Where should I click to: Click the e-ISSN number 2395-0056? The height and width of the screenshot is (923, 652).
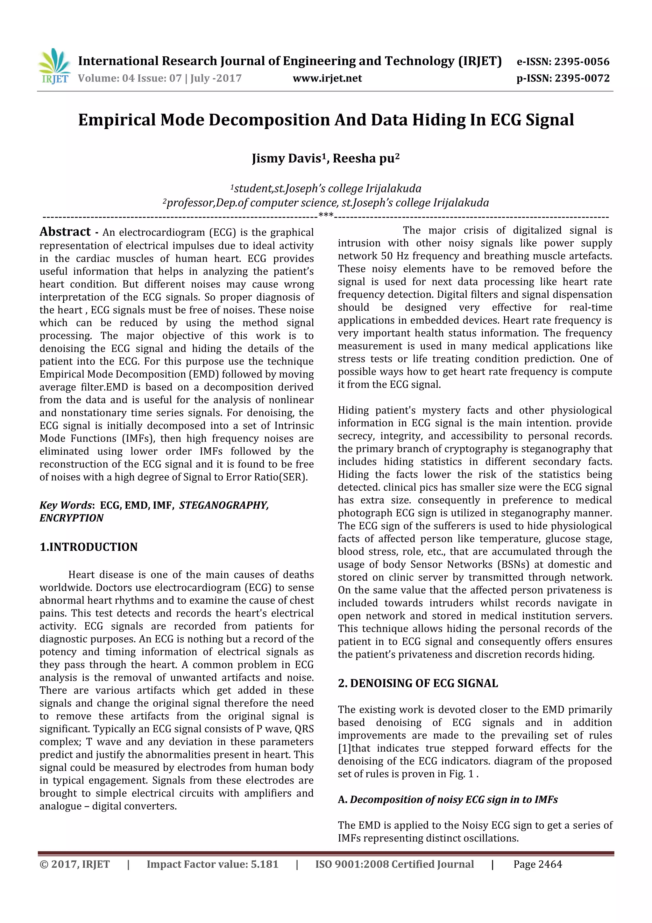point(581,61)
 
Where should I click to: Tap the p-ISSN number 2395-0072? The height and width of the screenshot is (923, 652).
point(582,78)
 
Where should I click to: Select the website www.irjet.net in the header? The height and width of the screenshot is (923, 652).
point(327,78)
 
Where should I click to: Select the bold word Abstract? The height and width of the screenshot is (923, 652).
point(65,232)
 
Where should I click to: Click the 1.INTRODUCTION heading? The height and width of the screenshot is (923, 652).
point(89,547)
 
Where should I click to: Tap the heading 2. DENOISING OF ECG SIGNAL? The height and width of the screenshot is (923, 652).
point(418,683)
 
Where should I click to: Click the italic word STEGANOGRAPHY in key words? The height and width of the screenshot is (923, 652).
point(224,505)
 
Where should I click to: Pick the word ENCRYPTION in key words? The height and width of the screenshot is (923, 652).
point(72,518)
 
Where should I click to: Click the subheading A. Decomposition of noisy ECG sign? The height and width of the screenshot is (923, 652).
point(448,800)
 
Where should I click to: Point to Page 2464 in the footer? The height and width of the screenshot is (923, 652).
point(537,864)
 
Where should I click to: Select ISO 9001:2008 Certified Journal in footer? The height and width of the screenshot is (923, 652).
point(394,864)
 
